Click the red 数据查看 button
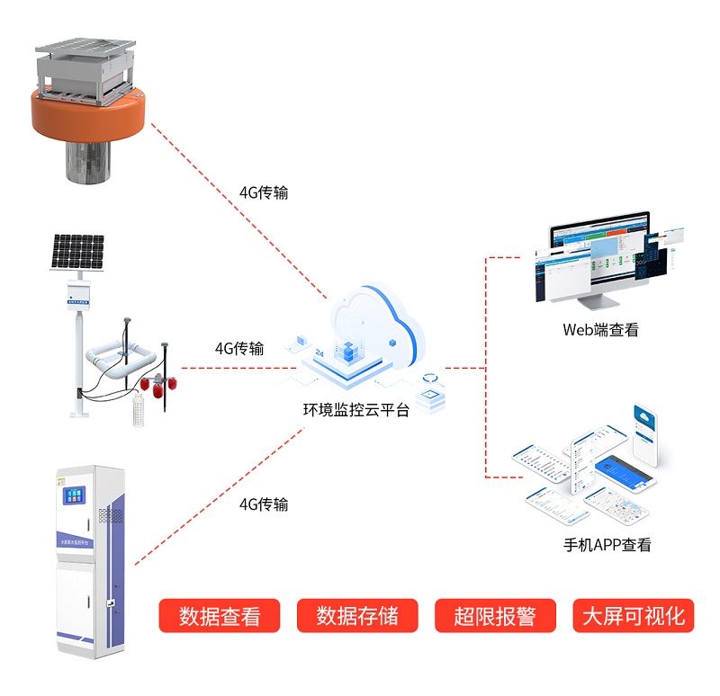point(220,616)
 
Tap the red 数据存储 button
point(357,616)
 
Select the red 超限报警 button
point(495,616)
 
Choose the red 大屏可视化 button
point(634,616)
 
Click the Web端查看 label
point(600,329)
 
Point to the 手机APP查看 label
point(607,544)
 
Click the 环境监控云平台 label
point(355,409)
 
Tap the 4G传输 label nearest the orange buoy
point(264,192)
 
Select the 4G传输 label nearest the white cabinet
point(264,504)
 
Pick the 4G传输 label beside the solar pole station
point(239,349)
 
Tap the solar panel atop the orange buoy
point(86,44)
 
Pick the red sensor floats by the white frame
point(158,386)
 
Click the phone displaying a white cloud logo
point(646,431)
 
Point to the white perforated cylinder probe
point(138,410)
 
